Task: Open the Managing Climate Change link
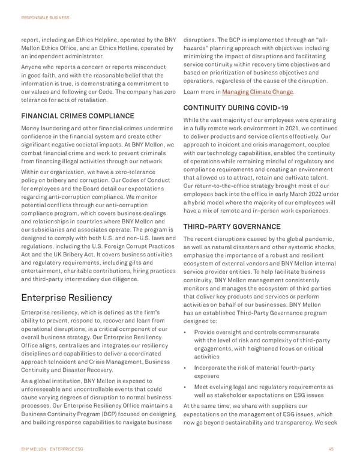click(258, 92)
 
